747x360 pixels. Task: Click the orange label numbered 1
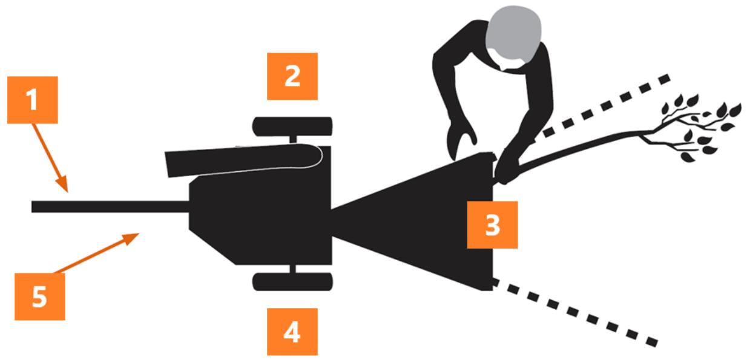32,100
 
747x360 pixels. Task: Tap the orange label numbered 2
292,76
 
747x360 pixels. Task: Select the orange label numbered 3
492,225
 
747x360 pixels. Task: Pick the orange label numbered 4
292,332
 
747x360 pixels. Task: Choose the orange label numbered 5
40,296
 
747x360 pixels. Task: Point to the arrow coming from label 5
97,254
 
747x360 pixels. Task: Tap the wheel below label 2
292,126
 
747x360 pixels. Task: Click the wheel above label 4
292,282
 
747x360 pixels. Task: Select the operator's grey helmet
513,33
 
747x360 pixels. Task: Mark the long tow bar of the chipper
110,207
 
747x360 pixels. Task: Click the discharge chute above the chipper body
243,160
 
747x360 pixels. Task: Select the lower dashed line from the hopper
575,312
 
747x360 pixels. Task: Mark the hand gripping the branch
506,166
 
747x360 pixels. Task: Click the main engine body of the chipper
260,217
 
